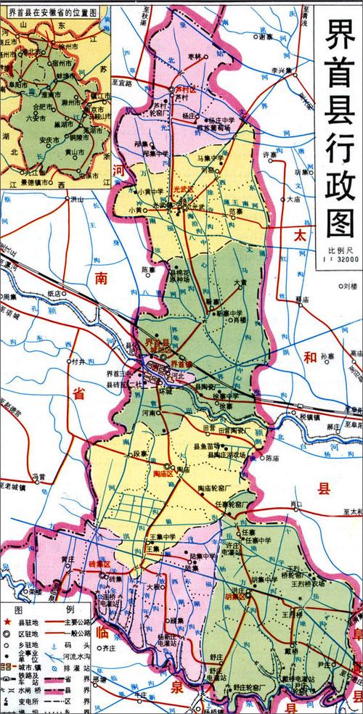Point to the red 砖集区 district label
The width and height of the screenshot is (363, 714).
tap(99, 564)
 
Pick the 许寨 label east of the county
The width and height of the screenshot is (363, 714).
tap(270, 155)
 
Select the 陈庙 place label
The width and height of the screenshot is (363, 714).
tap(272, 458)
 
